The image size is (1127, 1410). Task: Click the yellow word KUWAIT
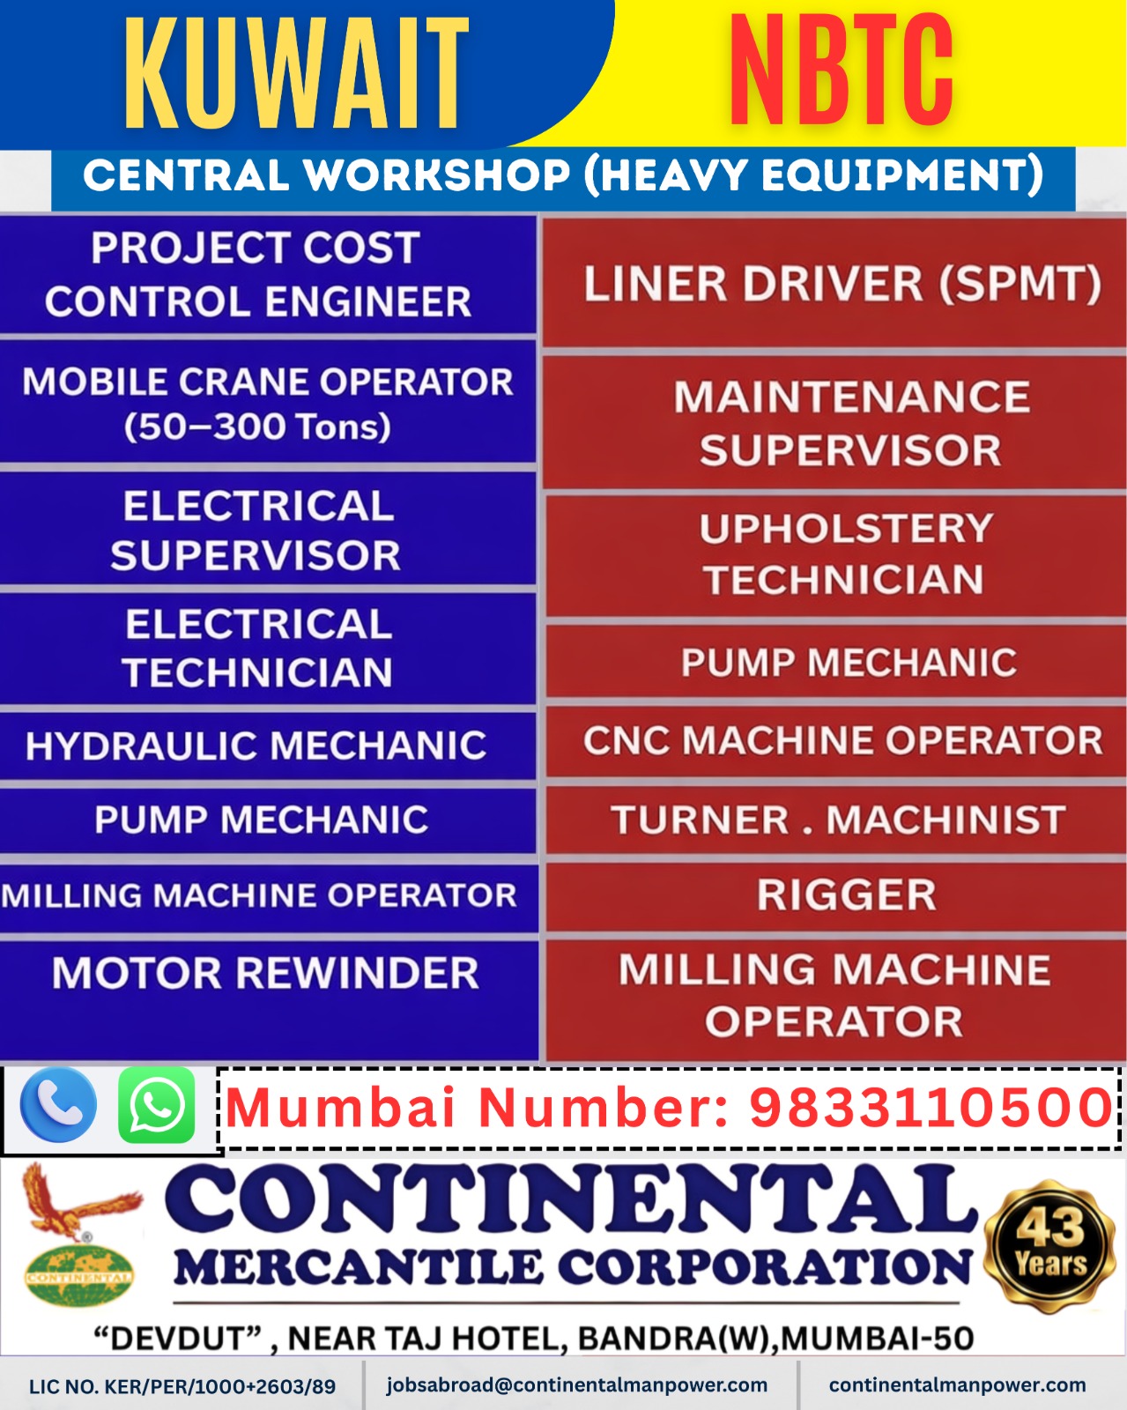(x=296, y=74)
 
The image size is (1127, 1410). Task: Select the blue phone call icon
(x=58, y=1105)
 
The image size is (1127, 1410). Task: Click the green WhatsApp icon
(x=157, y=1105)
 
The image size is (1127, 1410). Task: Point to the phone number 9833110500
(x=931, y=1107)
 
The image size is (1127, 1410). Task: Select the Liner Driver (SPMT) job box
(x=842, y=284)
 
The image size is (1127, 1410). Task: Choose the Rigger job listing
(x=846, y=895)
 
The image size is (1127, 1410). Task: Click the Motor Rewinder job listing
(x=265, y=974)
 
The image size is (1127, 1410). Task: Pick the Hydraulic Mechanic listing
(x=256, y=746)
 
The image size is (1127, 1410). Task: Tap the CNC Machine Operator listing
(x=842, y=740)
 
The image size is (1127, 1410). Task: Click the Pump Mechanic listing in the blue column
(x=262, y=820)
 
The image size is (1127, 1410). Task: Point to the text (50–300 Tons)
(x=257, y=427)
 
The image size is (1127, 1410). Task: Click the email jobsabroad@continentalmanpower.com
(x=577, y=1384)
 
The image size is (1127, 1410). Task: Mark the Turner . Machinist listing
(x=838, y=820)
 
